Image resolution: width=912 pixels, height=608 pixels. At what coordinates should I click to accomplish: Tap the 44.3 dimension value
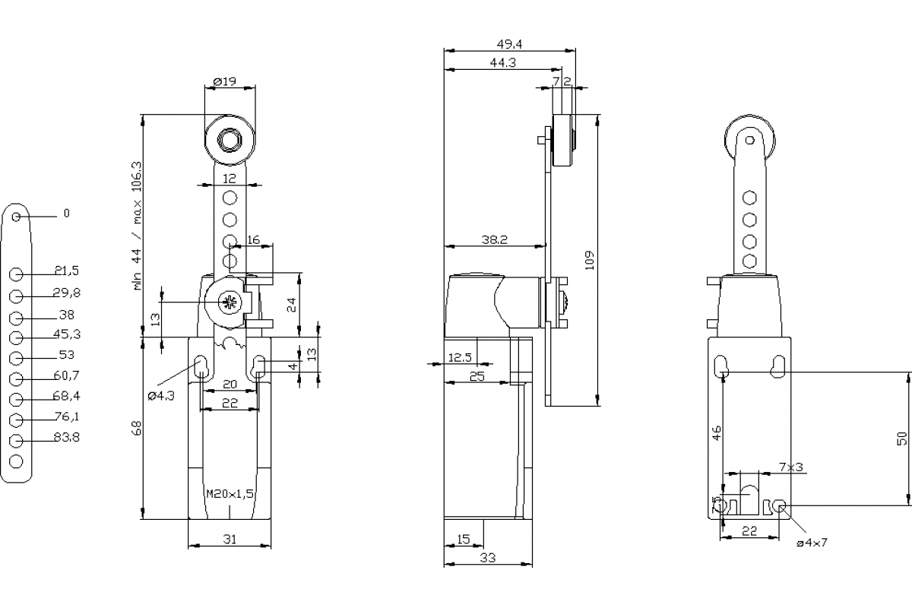(x=503, y=63)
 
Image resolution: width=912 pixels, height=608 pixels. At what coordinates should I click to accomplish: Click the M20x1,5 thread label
(x=230, y=493)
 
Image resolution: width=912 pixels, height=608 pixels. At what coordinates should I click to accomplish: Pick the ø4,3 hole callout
(x=160, y=395)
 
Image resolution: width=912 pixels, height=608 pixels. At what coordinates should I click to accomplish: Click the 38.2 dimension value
(x=494, y=239)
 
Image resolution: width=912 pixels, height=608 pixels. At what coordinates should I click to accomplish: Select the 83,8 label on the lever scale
(x=66, y=437)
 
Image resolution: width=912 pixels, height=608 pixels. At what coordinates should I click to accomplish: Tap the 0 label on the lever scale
(x=66, y=214)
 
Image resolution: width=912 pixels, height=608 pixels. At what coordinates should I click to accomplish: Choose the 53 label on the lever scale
(x=66, y=354)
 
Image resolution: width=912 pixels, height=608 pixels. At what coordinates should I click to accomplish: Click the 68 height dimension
(x=137, y=428)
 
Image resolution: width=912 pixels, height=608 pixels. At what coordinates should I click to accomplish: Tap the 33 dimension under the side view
(x=488, y=558)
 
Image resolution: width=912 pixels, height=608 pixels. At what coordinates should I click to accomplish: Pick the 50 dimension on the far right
(x=901, y=438)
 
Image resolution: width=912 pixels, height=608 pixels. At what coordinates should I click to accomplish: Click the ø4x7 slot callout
(x=812, y=543)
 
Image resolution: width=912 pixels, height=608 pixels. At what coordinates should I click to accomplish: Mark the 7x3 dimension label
(x=790, y=467)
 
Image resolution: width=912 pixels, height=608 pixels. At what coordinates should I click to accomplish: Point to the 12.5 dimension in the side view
(x=461, y=357)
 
